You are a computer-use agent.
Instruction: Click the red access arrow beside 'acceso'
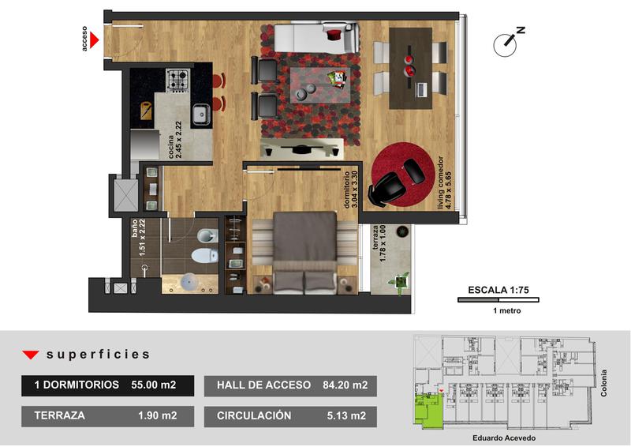pyautogui.click(x=93, y=40)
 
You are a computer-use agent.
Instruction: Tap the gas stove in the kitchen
pyautogui.click(x=178, y=80)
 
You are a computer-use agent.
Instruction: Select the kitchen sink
pyautogui.click(x=201, y=114)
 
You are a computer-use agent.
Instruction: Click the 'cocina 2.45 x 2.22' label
pyautogui.click(x=175, y=140)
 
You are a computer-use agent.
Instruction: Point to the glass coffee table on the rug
pyautogui.click(x=320, y=85)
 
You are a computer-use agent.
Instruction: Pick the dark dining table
pyautogui.click(x=410, y=68)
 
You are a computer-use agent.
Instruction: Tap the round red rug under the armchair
pyautogui.click(x=403, y=177)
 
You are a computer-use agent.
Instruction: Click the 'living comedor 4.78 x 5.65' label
pyautogui.click(x=445, y=182)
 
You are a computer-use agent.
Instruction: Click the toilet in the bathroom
pyautogui.click(x=204, y=255)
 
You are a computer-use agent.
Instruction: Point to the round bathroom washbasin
pyautogui.click(x=189, y=282)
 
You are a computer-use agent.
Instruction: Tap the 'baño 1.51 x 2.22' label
pyautogui.click(x=138, y=238)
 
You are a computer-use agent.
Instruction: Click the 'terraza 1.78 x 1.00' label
pyautogui.click(x=379, y=243)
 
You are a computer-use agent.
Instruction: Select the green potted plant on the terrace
pyautogui.click(x=399, y=282)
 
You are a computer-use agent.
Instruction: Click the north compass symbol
pyautogui.click(x=508, y=42)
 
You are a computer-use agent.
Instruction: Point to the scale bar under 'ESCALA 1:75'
pyautogui.click(x=498, y=299)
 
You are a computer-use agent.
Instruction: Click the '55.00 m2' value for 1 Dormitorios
pyautogui.click(x=153, y=385)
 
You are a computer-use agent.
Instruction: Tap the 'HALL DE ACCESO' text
pyautogui.click(x=263, y=385)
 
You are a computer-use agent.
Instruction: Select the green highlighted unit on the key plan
pyautogui.click(x=428, y=411)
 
